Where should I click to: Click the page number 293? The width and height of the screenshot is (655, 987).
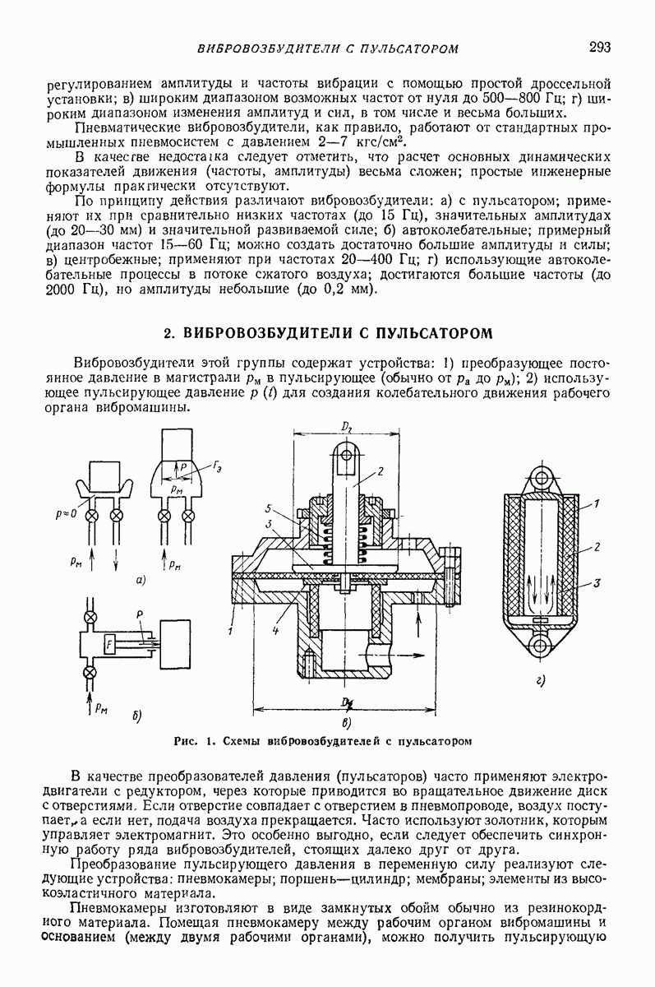tap(599, 47)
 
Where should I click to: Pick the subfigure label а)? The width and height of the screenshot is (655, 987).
tap(141, 582)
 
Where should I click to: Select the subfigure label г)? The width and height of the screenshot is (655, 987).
tap(539, 679)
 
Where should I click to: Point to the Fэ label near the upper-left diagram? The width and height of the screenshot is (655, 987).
tap(217, 466)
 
